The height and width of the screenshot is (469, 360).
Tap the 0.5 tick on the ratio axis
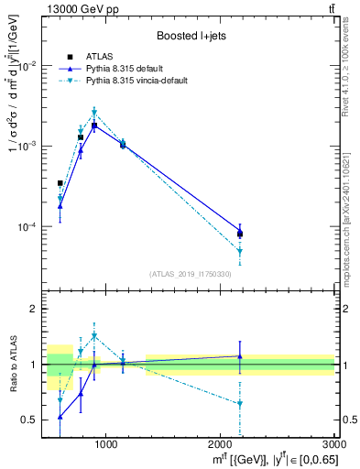33,420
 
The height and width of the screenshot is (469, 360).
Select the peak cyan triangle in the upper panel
94,113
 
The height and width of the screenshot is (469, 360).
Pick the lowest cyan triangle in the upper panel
240,251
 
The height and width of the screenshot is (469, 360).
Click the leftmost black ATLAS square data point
60,183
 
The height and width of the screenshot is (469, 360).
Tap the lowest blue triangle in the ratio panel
60,417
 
